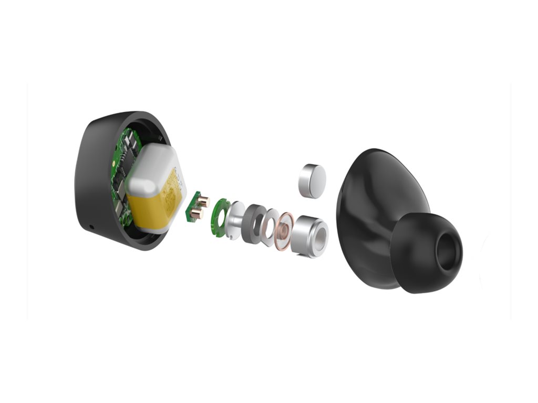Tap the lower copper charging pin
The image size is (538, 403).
click(197, 213)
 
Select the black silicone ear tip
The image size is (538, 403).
click(420, 257)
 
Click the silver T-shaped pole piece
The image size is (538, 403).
click(236, 220)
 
